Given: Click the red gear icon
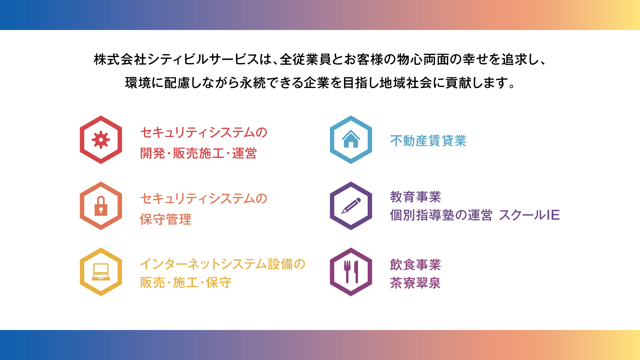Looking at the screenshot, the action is pos(101,140).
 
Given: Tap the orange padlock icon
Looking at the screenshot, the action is pos(101,206).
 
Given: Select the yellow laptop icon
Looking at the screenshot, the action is pos(101,272).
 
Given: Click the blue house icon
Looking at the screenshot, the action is pos(351,139).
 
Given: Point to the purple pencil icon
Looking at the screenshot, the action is pos(351,206).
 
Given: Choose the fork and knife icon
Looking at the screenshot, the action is pos(351,272).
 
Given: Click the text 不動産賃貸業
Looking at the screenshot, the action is pos(428,141).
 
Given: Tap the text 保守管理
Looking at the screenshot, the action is pos(166,219).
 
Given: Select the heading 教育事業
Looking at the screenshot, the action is pos(416,197).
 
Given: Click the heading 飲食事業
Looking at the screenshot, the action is pos(416,265).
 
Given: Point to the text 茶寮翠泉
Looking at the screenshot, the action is pos(415,283).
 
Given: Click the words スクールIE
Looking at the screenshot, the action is pos(529,215).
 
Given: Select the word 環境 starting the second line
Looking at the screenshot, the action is pos(138,83).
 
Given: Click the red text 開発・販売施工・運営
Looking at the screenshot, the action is pos(198,153).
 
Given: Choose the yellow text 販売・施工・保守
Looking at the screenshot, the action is pos(186,282).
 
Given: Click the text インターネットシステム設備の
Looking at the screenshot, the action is pos(223,264).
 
